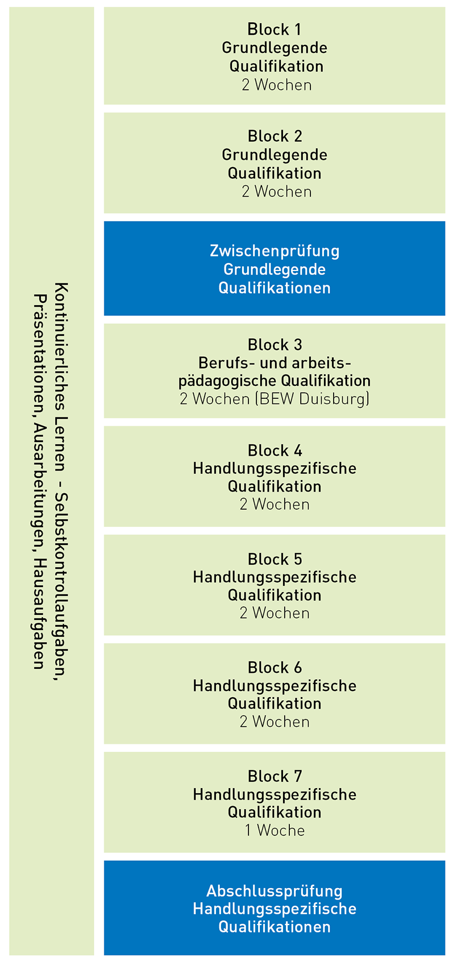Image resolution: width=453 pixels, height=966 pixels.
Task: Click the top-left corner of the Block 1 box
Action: (x=104, y=7)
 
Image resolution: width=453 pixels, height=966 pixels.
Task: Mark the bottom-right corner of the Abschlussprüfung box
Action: (x=445, y=955)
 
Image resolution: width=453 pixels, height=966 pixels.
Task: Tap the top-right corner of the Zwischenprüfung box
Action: (x=445, y=222)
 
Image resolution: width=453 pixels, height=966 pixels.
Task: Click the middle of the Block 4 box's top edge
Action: (x=275, y=426)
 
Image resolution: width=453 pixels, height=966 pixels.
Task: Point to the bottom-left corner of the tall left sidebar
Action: (x=10, y=955)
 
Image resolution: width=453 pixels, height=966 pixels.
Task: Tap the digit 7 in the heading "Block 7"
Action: (x=298, y=776)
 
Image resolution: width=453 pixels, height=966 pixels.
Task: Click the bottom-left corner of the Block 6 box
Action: (x=104, y=744)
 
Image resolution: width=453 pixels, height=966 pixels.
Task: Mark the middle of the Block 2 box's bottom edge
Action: (x=275, y=213)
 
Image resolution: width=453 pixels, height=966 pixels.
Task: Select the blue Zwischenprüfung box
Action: (x=275, y=268)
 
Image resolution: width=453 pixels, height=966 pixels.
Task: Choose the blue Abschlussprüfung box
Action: (x=275, y=908)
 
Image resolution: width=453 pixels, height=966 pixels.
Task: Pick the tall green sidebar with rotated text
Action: (x=52, y=481)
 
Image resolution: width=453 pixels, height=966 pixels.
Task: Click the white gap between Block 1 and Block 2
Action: (x=275, y=109)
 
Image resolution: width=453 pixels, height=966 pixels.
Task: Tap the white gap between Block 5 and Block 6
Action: (x=275, y=639)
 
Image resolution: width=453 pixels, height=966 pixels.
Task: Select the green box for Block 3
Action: (x=275, y=371)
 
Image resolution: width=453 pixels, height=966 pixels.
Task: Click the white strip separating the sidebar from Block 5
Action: (x=99, y=585)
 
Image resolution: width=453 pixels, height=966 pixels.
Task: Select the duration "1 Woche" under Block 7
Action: (x=275, y=830)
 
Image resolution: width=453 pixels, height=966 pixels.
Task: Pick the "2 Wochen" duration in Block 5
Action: (x=275, y=613)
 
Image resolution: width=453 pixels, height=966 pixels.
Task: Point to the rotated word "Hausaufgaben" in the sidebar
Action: (x=39, y=614)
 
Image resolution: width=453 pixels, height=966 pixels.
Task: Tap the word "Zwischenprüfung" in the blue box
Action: (x=275, y=251)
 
